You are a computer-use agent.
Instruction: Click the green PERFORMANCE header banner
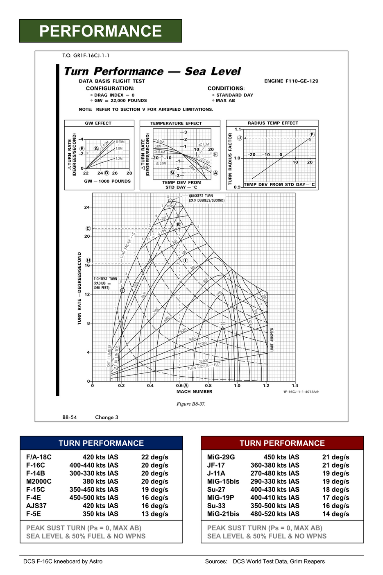(x=100, y=31)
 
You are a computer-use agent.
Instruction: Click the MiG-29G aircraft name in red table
(x=221, y=457)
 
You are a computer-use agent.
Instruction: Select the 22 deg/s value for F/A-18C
(x=154, y=457)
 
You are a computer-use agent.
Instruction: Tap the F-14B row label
(x=36, y=473)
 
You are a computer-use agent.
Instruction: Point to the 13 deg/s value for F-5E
(x=154, y=514)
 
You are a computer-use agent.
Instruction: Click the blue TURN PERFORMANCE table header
(x=101, y=443)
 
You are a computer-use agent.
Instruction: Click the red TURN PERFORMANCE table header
(x=282, y=443)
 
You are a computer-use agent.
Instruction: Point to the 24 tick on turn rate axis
(x=87, y=207)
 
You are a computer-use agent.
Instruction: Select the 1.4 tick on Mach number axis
(x=295, y=386)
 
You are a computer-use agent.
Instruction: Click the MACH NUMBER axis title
(x=194, y=391)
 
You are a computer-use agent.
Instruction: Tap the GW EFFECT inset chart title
(x=98, y=123)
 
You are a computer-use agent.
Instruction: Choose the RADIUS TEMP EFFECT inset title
(x=273, y=123)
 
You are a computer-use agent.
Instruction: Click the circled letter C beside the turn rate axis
(x=88, y=229)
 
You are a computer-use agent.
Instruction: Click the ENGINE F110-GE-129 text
(x=291, y=81)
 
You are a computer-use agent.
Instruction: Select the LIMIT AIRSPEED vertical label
(x=272, y=339)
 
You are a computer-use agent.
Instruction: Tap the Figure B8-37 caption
(x=191, y=404)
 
